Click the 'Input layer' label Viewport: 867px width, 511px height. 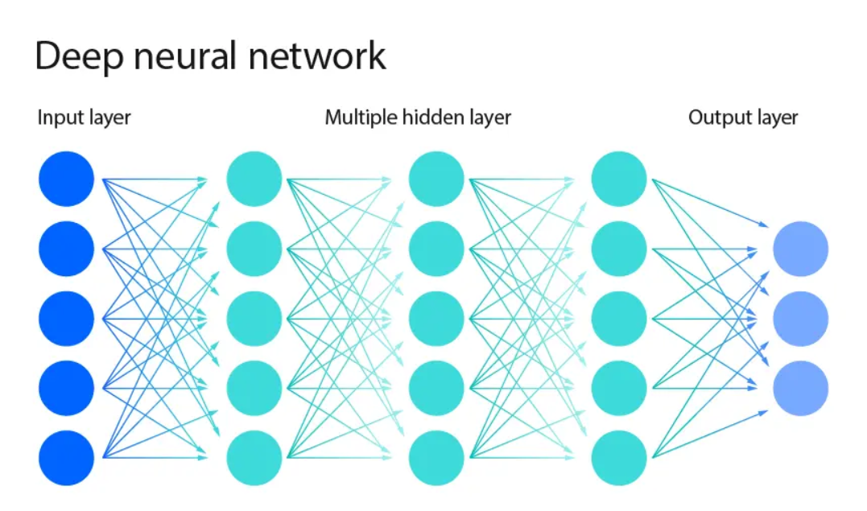(84, 117)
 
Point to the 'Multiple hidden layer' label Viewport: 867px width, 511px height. (418, 117)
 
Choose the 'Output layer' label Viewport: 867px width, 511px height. (743, 117)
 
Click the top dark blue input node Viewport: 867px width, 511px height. (67, 179)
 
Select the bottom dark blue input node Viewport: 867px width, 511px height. (67, 458)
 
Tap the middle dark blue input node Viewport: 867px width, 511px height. (67, 319)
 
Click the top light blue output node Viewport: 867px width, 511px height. (800, 249)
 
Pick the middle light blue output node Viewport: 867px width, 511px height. (800, 319)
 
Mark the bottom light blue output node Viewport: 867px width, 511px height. (800, 388)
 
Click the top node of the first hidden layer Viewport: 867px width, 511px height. (254, 179)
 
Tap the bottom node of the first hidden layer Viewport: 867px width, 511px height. (254, 458)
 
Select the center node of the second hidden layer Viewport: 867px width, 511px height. (436, 319)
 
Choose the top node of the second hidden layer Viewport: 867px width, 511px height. (436, 179)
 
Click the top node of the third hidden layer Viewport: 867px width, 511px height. (619, 179)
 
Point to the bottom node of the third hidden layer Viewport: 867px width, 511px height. (619, 458)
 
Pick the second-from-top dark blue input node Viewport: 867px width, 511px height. (67, 249)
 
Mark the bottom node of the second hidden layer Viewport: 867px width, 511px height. (436, 458)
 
